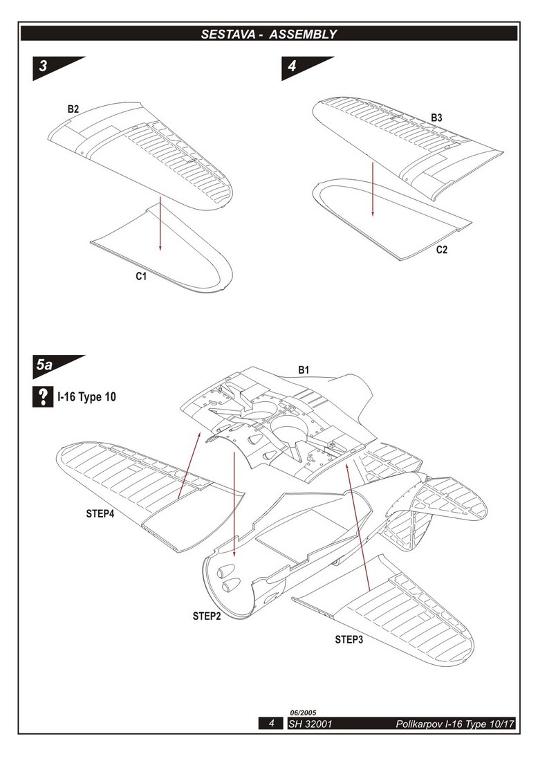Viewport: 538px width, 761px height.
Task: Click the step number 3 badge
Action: [44, 67]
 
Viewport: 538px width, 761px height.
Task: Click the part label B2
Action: [73, 109]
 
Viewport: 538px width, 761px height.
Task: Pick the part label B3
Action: [436, 118]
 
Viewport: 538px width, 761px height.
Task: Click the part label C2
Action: [442, 250]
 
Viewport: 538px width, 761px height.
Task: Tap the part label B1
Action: [304, 370]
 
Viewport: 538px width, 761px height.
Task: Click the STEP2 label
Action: [207, 616]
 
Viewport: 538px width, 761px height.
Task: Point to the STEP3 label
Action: [349, 639]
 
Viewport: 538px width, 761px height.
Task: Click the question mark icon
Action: [43, 397]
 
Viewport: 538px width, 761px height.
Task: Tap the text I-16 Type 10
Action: [87, 397]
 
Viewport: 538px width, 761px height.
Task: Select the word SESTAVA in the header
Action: [229, 33]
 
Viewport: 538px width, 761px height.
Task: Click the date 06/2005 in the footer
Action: [302, 713]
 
